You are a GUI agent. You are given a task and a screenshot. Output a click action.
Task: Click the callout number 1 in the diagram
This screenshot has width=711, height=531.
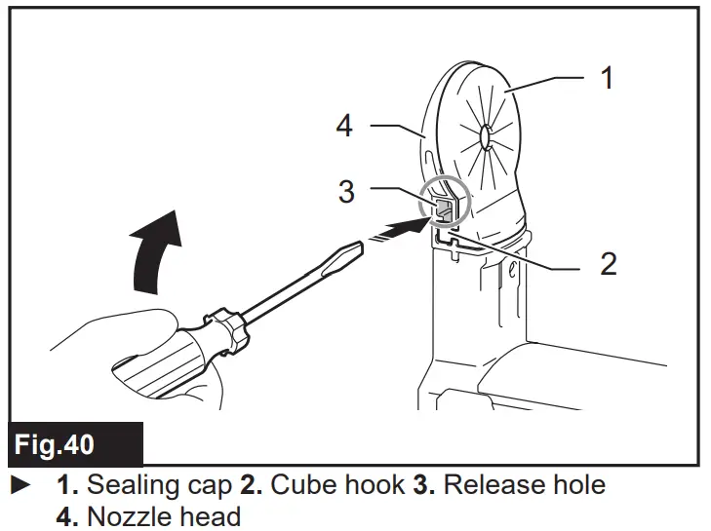607,77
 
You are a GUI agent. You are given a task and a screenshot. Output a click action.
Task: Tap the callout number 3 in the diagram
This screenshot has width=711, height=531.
346,190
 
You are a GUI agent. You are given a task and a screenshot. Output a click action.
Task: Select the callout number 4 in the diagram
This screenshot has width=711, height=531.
344,126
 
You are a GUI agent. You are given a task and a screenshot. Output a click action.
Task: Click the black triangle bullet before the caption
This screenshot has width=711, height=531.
16,484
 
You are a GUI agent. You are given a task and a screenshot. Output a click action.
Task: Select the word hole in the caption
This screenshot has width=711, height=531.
576,484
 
